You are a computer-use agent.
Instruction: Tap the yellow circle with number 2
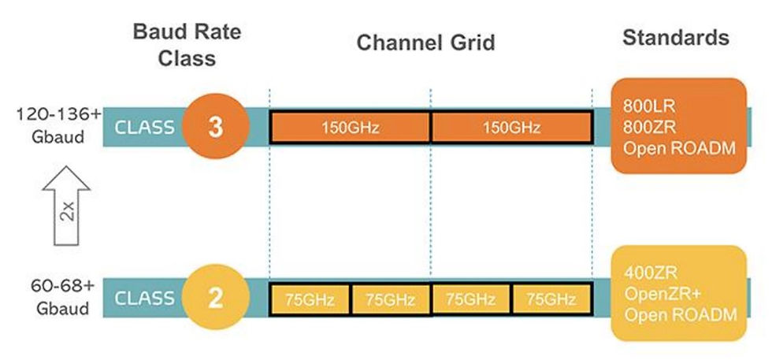click(x=215, y=299)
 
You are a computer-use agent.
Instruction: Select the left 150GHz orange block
click(x=350, y=128)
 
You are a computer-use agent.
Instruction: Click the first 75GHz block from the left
click(x=310, y=299)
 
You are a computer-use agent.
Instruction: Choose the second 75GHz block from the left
click(x=390, y=299)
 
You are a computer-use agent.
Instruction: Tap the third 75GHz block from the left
click(x=471, y=299)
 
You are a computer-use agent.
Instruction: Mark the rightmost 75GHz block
click(x=551, y=299)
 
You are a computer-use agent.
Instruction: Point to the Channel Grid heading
click(x=426, y=43)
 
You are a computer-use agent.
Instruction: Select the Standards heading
click(x=675, y=37)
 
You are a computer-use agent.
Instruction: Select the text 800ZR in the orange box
click(x=644, y=128)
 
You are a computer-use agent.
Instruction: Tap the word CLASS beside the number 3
click(x=144, y=128)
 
